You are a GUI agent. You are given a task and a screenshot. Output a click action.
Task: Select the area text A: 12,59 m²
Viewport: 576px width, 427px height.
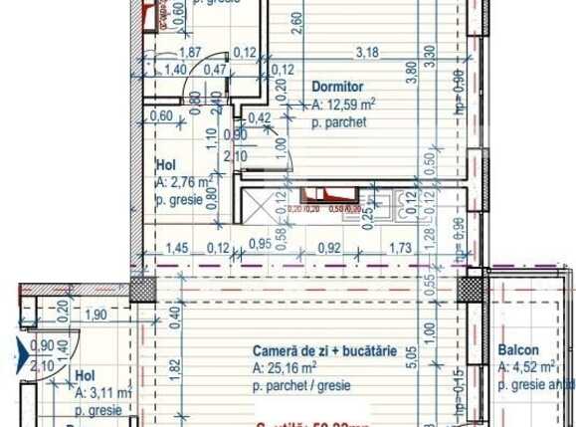pyautogui.click(x=344, y=104)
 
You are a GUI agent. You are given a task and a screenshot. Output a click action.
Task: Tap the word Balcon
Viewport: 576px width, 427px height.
pyautogui.click(x=518, y=350)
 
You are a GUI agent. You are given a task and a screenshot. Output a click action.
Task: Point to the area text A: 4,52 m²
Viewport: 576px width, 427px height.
pyautogui.click(x=526, y=367)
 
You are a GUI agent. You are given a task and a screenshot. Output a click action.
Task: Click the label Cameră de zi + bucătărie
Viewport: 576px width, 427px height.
pyautogui.click(x=324, y=350)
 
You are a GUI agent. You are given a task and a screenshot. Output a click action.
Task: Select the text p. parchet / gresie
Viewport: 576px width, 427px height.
pyautogui.click(x=305, y=384)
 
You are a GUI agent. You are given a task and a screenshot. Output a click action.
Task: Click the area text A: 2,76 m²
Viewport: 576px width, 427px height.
pyautogui.click(x=182, y=182)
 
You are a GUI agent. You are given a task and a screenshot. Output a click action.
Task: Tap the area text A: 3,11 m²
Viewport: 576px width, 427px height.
pyautogui.click(x=103, y=393)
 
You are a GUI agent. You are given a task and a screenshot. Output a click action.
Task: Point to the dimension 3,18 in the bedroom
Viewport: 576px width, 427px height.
pyautogui.click(x=368, y=52)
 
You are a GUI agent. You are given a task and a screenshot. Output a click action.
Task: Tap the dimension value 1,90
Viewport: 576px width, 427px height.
pyautogui.click(x=96, y=315)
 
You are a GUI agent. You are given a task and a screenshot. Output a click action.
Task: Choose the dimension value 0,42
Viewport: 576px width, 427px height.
pyautogui.click(x=259, y=117)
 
